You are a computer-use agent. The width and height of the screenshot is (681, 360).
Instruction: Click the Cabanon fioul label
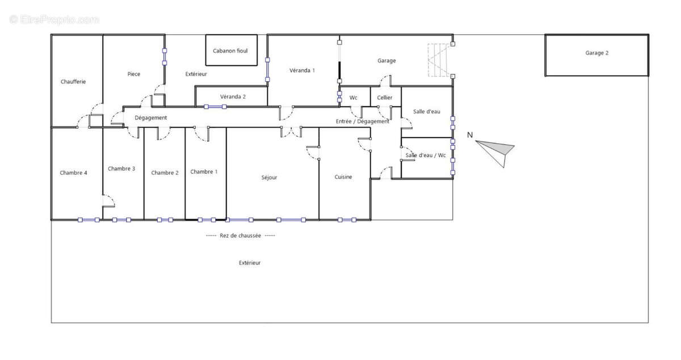coord(230,51)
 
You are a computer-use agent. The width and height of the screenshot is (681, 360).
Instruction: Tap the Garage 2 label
coord(597,53)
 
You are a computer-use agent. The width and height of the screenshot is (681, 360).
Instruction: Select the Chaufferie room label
coord(73,82)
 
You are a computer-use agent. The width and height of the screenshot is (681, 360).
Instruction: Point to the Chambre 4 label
coord(73,173)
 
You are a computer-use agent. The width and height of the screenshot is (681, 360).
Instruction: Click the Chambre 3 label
coord(121,169)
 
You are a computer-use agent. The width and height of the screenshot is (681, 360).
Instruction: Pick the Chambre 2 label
coord(165,173)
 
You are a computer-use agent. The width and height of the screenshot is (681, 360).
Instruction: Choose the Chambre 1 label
coord(204,172)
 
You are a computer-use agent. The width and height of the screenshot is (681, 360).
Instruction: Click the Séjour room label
coord(269,177)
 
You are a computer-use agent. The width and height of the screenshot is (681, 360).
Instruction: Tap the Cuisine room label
coord(343,177)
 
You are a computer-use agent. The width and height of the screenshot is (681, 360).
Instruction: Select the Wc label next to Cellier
coord(353,98)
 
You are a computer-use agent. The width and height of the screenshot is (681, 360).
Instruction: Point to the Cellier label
coord(385,98)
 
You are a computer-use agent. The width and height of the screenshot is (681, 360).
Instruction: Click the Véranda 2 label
coord(233,97)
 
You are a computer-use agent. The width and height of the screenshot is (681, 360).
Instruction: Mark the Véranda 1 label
coord(302,70)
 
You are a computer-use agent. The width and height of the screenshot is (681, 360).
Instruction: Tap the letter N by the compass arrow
coord(470,135)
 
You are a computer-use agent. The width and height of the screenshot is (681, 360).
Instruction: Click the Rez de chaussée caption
coord(240,236)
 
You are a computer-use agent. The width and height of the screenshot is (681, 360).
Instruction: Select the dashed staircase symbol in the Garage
coord(439,60)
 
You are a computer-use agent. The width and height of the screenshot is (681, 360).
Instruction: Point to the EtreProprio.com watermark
coord(54,19)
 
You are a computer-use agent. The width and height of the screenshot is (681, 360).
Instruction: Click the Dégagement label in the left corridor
coord(151,118)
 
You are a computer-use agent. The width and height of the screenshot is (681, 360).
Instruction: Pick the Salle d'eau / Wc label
coord(426,155)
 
